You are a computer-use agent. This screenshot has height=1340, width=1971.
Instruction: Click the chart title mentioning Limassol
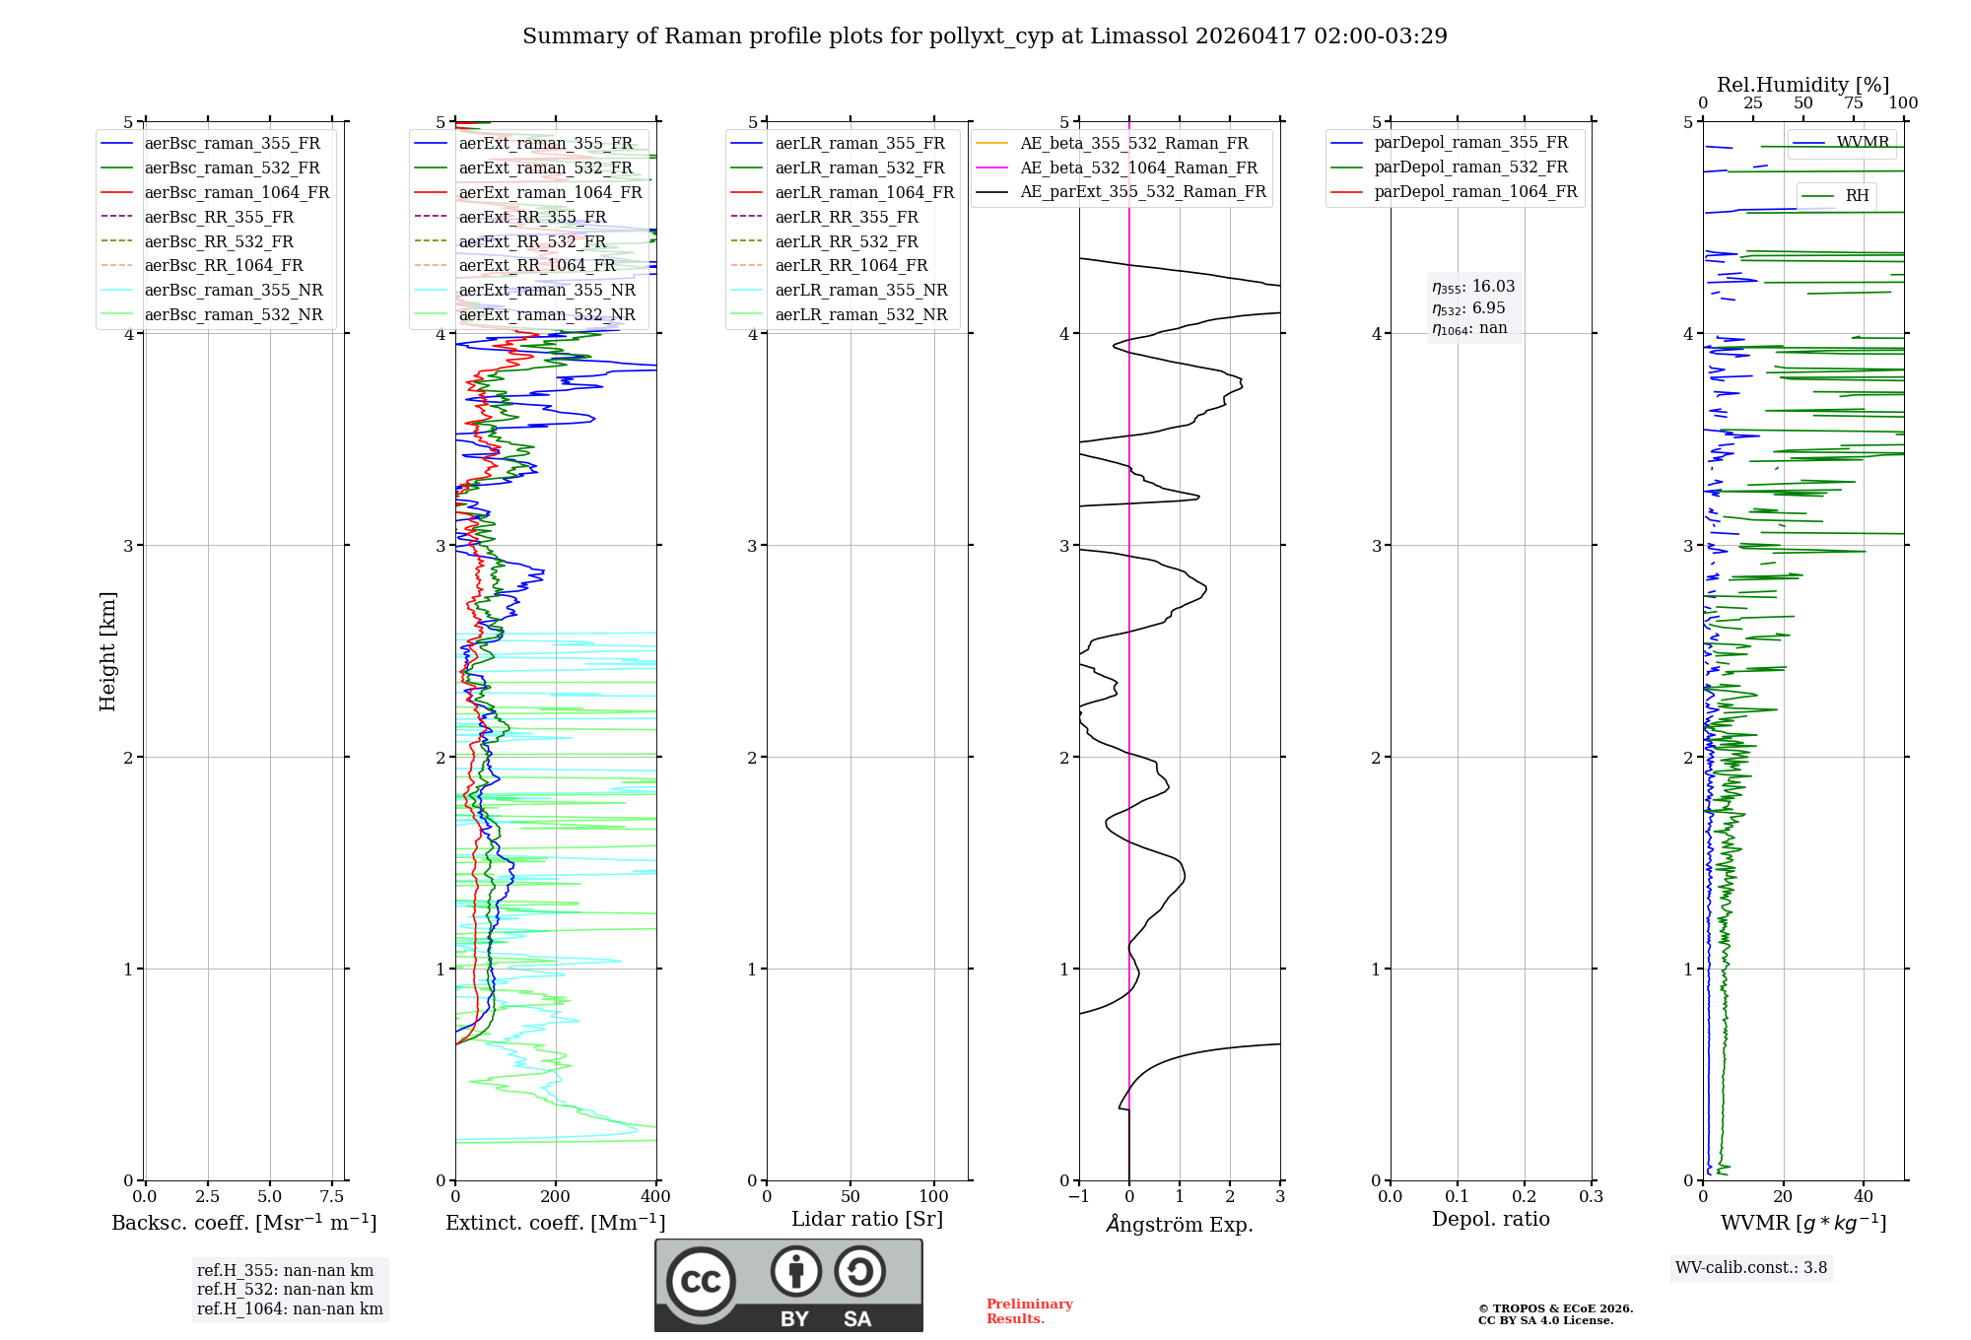pyautogui.click(x=985, y=36)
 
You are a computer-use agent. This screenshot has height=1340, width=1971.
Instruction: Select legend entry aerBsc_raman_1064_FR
pyautogui.click(x=237, y=192)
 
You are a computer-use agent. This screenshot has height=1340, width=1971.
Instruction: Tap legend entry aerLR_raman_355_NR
pyautogui.click(x=860, y=290)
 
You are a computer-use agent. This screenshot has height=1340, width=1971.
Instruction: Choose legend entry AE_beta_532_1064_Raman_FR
pyautogui.click(x=1138, y=167)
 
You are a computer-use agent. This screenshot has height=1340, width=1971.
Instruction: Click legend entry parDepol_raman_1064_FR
pyautogui.click(x=1475, y=191)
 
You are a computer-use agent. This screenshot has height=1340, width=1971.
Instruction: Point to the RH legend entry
pyautogui.click(x=1857, y=196)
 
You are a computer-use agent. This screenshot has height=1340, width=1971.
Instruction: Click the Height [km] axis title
pyautogui.click(x=107, y=651)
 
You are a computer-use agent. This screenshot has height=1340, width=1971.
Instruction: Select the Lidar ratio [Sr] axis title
pyautogui.click(x=866, y=1219)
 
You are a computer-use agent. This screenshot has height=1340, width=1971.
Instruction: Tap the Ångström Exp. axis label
pyautogui.click(x=1180, y=1224)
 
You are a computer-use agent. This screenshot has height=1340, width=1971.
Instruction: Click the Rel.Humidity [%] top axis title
pyautogui.click(x=1802, y=85)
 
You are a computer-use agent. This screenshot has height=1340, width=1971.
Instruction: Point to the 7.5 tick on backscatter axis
pyautogui.click(x=332, y=1197)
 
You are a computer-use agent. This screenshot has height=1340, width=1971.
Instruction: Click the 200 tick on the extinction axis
pyautogui.click(x=556, y=1197)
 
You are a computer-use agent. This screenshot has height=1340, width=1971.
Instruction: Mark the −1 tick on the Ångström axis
pyautogui.click(x=1079, y=1197)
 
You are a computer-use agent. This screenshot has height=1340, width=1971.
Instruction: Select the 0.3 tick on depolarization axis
pyautogui.click(x=1591, y=1197)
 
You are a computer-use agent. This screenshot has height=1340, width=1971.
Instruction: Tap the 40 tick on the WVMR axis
pyautogui.click(x=1864, y=1197)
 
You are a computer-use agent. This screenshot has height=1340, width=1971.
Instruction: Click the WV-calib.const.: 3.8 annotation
pyautogui.click(x=1751, y=1268)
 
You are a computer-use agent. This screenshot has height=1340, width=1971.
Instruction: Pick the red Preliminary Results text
pyautogui.click(x=1029, y=1311)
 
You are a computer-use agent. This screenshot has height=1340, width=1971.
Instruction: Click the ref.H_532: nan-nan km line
pyautogui.click(x=285, y=1289)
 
